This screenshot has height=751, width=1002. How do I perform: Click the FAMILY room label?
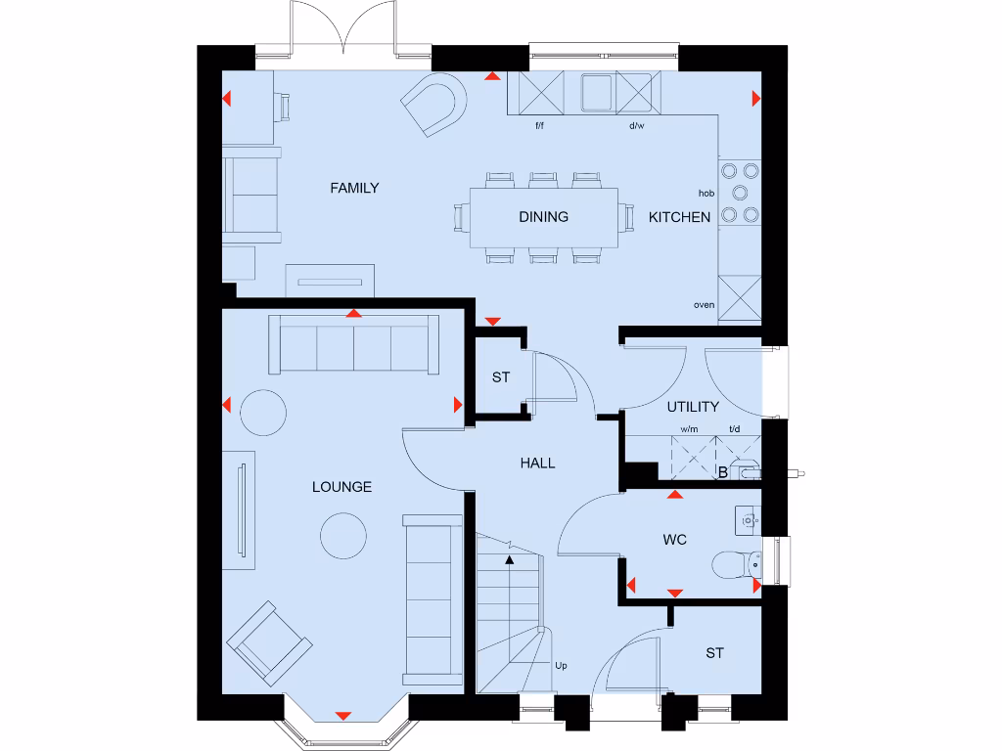354,188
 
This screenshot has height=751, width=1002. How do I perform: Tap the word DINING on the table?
543,217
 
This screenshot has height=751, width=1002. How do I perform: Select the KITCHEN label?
679,217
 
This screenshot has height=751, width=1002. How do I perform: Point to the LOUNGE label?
342,487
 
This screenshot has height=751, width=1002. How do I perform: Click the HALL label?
537,463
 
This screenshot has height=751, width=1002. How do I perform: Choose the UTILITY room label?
693,407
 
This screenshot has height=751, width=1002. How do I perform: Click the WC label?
675,538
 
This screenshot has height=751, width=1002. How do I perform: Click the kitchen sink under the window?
598,94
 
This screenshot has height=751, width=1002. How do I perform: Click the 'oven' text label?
704,305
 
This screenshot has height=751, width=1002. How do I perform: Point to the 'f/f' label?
539,126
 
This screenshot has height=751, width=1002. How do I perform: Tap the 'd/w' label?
636,126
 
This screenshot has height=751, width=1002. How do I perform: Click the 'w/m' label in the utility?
690,429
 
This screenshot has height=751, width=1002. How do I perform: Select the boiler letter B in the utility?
722,474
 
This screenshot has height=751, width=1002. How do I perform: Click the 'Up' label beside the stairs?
561,666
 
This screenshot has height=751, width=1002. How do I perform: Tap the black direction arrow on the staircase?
509,560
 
